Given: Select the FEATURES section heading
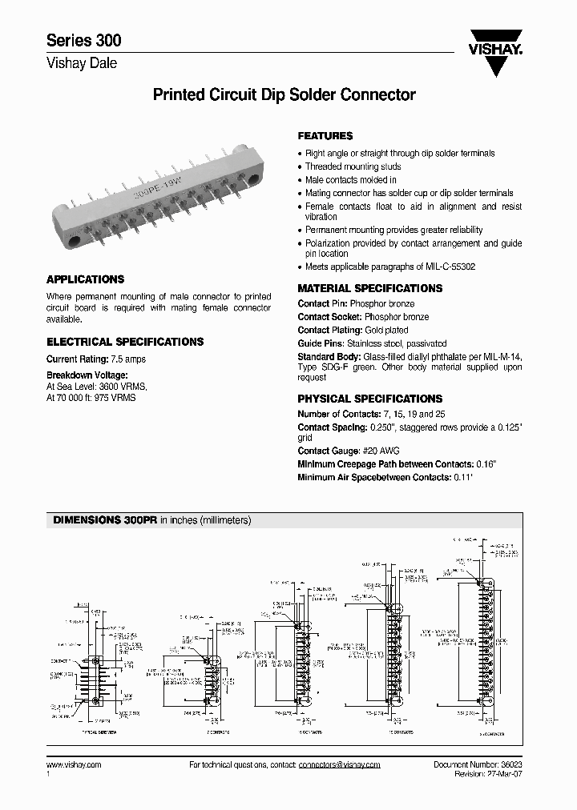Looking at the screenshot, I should (325, 136).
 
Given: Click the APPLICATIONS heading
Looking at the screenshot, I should (86, 279).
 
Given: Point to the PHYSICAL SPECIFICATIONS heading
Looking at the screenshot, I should (370, 399).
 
